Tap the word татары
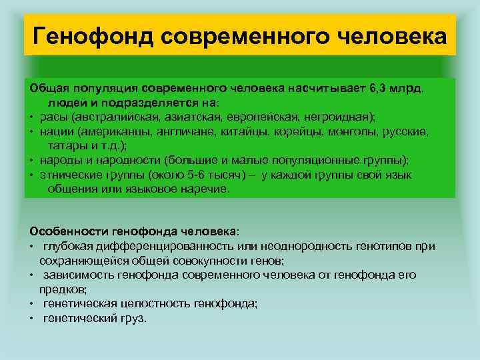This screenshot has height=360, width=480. coord(67,145)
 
